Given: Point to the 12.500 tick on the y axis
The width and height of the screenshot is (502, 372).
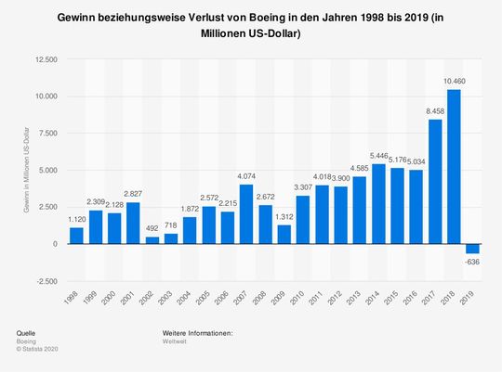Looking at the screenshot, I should tap(46, 59).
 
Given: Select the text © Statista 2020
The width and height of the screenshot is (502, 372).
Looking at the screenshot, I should tap(38, 349).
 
